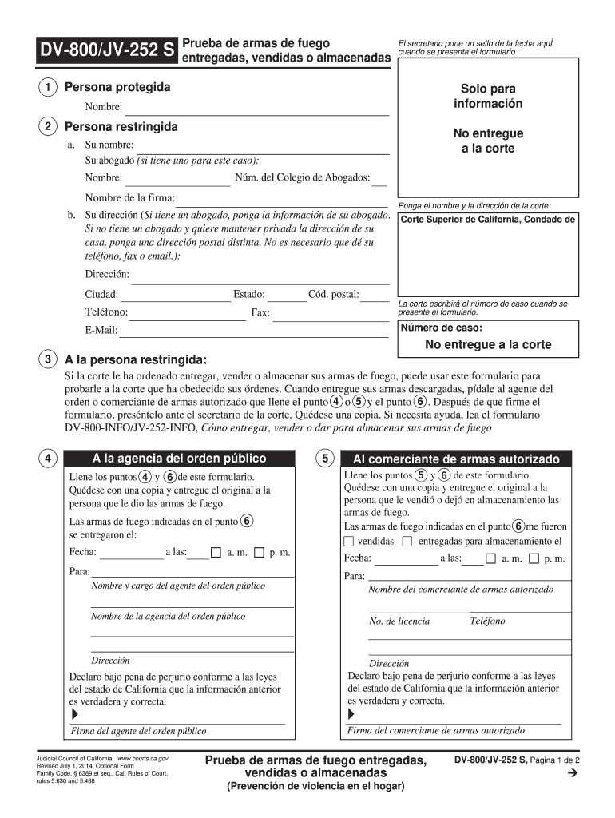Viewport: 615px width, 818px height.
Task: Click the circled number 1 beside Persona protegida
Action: coord(50,87)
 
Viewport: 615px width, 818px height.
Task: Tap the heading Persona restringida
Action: coord(121,127)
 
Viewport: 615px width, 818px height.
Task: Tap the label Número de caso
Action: coord(441,328)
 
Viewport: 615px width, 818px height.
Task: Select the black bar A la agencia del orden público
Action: coord(179,459)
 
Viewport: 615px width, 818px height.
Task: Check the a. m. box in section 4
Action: coord(216,552)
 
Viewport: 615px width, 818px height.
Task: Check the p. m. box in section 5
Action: coord(534,558)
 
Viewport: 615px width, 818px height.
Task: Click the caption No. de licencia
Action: coord(399,621)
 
